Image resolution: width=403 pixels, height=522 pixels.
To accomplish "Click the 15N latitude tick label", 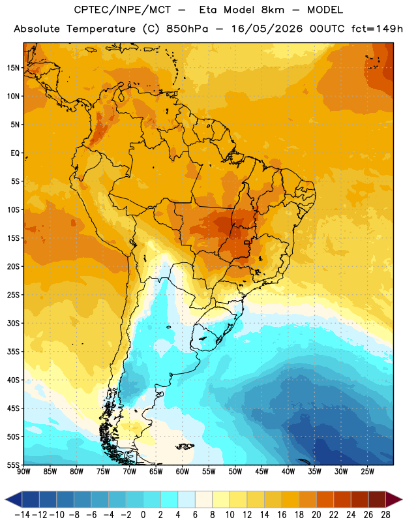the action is click(x=13, y=68).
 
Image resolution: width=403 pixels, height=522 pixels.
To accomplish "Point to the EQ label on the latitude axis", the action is click(x=15, y=153).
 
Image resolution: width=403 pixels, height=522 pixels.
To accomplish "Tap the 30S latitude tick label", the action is click(x=13, y=323).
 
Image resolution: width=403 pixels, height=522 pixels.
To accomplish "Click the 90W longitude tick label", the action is click(x=23, y=471).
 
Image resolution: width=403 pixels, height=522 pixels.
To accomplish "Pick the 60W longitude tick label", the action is click(x=183, y=471).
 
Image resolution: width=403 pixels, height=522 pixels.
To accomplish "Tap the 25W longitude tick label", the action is click(x=367, y=471).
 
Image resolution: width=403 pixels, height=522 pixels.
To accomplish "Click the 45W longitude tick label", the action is click(x=261, y=471).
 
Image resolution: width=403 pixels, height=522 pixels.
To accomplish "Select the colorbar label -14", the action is click(x=22, y=515).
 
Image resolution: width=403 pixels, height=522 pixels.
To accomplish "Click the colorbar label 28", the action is click(x=385, y=515).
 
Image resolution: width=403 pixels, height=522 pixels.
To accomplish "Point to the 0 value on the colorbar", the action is click(x=143, y=515).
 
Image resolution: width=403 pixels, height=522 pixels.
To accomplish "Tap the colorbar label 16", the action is click(x=282, y=515).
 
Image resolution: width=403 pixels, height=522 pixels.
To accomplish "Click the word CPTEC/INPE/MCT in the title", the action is click(x=123, y=10).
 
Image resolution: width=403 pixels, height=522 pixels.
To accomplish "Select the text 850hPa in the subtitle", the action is click(x=187, y=29).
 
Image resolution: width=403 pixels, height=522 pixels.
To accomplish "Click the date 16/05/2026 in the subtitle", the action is click(x=267, y=29).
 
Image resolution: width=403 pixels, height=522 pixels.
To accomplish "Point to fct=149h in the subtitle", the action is click(x=377, y=29).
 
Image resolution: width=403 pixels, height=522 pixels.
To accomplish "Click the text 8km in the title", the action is click(x=273, y=10).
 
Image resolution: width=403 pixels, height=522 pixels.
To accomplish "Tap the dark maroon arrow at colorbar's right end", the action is click(x=393, y=499).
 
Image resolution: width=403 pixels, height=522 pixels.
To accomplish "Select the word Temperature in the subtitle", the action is click(x=101, y=29).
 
